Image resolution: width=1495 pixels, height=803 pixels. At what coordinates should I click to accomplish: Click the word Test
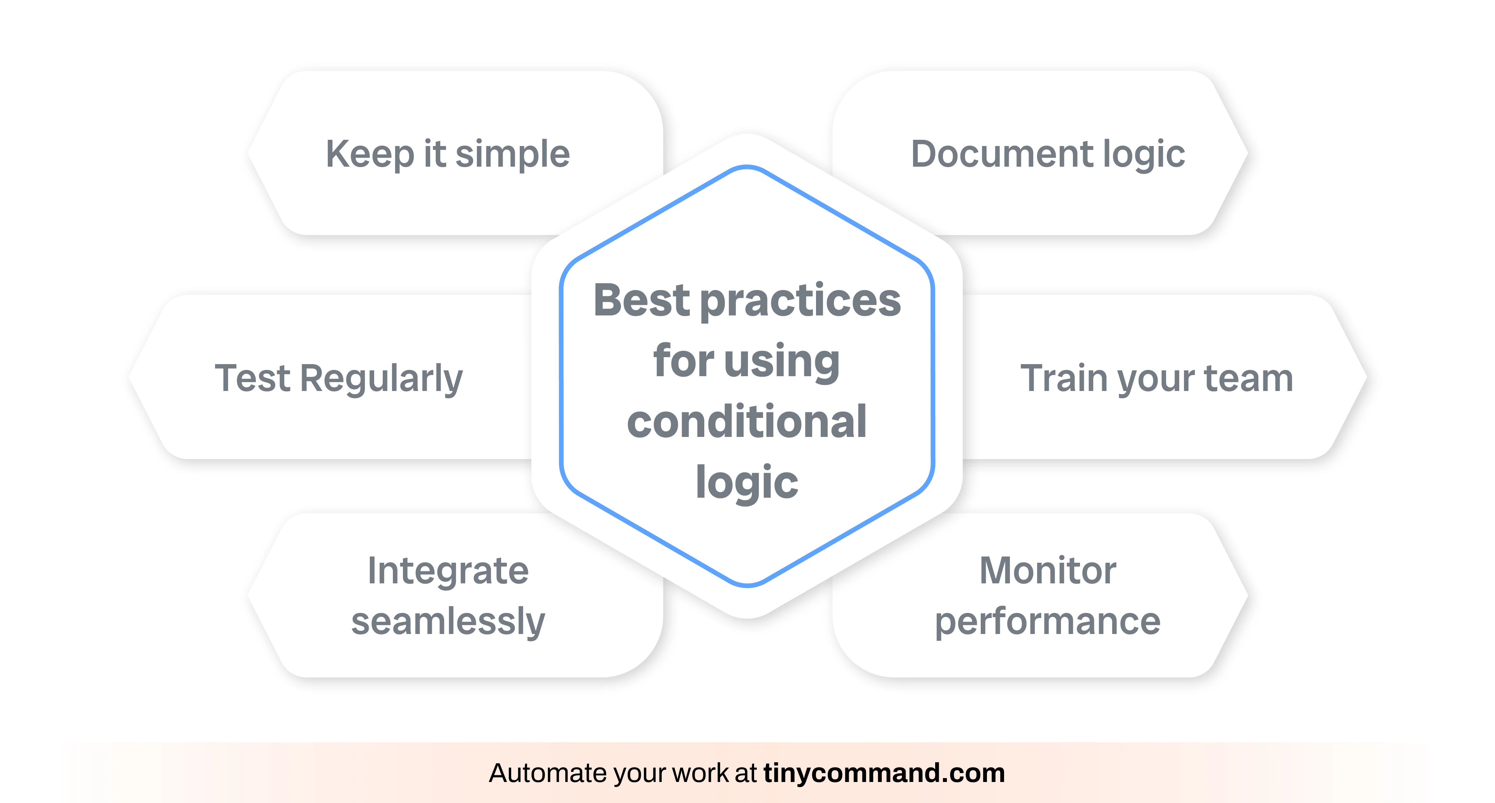(x=252, y=378)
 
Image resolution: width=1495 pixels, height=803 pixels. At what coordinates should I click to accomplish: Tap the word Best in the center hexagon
(x=641, y=300)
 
